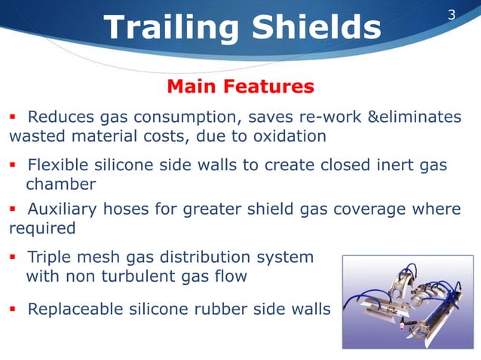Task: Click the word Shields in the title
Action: point(316,28)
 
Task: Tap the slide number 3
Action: point(452,14)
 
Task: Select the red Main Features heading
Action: point(240,87)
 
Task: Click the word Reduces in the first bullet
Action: point(60,117)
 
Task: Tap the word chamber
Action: point(61,185)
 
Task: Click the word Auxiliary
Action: point(61,209)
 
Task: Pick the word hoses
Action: point(124,209)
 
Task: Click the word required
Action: point(42,227)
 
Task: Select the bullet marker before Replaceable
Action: point(13,310)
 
